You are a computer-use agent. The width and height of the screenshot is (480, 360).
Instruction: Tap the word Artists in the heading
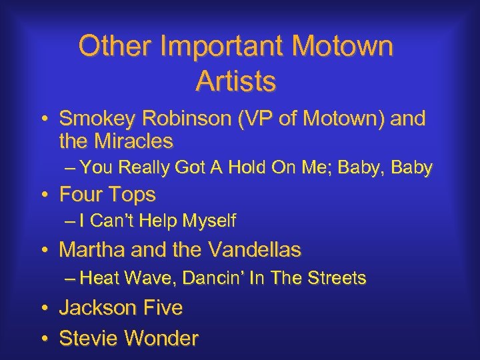[x=236, y=81]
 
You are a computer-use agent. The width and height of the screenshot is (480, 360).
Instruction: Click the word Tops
[x=131, y=195]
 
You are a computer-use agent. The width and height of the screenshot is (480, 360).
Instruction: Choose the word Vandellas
[x=255, y=250]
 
